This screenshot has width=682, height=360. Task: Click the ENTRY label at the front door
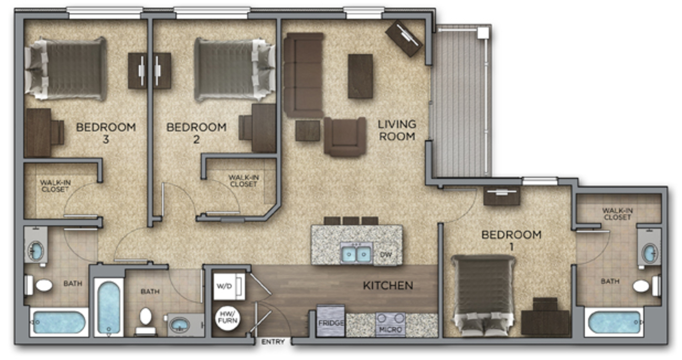click(273, 342)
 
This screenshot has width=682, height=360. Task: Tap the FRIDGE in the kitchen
click(330, 320)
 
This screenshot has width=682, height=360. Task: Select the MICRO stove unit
click(391, 325)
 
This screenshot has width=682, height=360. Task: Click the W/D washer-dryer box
click(229, 286)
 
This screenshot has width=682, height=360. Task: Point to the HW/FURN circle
click(228, 319)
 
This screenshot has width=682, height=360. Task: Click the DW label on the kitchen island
click(386, 255)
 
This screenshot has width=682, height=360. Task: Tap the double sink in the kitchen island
click(356, 254)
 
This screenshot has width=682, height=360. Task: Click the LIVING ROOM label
click(396, 130)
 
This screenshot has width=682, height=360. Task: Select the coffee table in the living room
click(360, 76)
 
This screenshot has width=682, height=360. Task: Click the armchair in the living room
click(345, 136)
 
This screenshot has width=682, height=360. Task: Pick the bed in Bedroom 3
click(66, 69)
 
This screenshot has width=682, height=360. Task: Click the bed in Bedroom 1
click(483, 296)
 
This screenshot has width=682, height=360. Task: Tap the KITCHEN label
click(388, 286)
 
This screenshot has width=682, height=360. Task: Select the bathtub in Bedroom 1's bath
click(614, 322)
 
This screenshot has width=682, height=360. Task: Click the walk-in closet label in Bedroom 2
click(244, 181)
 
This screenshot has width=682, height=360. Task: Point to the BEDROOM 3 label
click(106, 133)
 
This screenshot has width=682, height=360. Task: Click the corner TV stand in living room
click(404, 38)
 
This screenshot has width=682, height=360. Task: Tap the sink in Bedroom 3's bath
click(36, 251)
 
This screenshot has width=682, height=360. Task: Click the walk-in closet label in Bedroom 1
click(617, 214)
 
